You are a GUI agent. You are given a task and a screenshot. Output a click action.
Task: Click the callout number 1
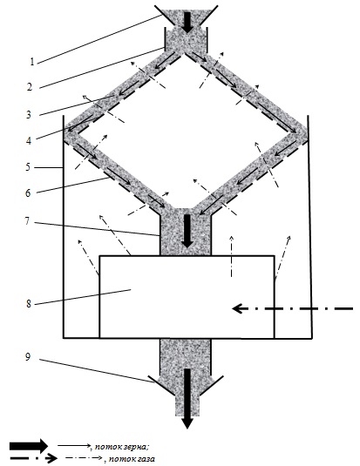click(x=32, y=62)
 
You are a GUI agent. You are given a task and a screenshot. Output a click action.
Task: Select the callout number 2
click(x=30, y=87)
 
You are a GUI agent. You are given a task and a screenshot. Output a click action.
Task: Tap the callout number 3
click(x=29, y=115)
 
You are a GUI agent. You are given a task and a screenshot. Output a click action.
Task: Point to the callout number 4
click(x=29, y=140)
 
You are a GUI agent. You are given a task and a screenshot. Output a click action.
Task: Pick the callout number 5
click(x=28, y=167)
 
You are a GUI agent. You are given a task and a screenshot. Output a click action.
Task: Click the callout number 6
click(x=28, y=193)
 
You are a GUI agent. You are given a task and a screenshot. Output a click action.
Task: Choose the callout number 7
click(x=27, y=221)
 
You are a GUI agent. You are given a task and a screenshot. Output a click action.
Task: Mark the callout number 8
click(x=29, y=304)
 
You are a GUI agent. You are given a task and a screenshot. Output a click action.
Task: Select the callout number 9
click(x=28, y=357)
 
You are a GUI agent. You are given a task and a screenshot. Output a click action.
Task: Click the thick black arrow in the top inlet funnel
click(x=187, y=23)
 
